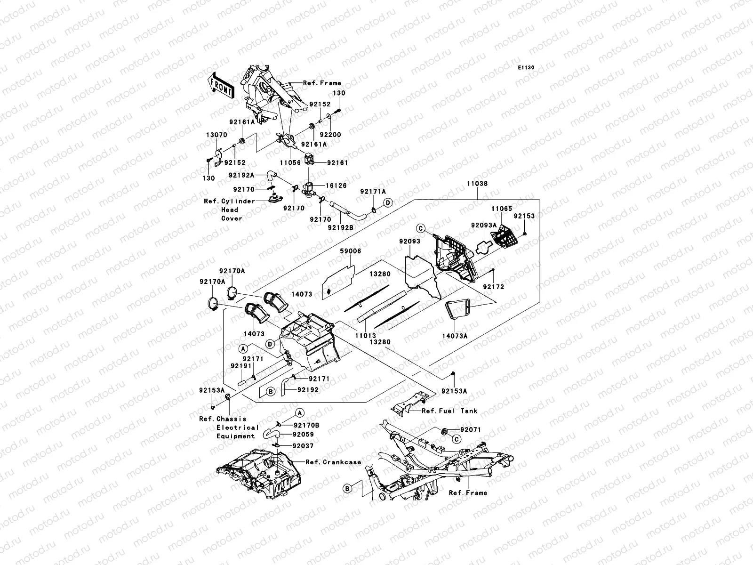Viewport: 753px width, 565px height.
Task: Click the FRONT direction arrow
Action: click(221, 85)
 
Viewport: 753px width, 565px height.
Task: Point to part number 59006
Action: click(351, 251)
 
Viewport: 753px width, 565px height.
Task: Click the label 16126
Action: click(336, 186)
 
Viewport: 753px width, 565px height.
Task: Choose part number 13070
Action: click(216, 135)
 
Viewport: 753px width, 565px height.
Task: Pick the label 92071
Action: click(471, 430)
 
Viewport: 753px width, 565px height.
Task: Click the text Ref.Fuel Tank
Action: click(449, 411)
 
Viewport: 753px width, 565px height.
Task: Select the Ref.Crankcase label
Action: click(333, 462)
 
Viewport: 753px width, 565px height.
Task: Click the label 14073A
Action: click(455, 337)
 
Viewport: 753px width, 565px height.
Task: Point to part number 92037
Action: click(303, 446)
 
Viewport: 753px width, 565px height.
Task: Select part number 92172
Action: click(493, 286)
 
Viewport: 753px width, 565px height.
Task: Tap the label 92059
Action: click(303, 435)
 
